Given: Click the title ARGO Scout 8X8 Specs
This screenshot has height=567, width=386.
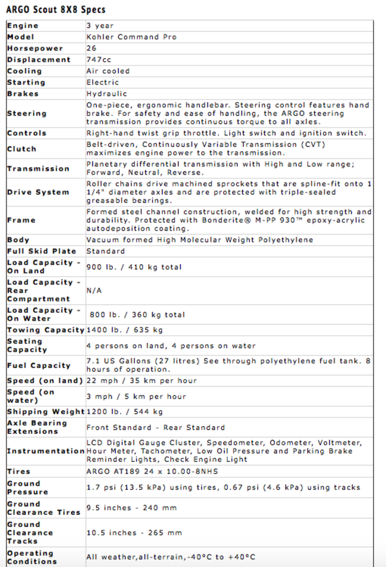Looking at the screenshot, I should click(x=56, y=10).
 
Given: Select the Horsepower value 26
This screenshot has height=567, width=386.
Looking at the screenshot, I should click(x=92, y=48).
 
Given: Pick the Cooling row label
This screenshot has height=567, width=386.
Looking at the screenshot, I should click(x=25, y=71).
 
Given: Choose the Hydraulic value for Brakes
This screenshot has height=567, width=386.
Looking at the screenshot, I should click(x=106, y=94).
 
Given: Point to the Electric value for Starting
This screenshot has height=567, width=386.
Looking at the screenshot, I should click(x=102, y=82).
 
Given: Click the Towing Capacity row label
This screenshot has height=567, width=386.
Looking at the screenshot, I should click(x=46, y=330).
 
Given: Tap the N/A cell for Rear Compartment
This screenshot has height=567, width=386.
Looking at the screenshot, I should click(x=94, y=290).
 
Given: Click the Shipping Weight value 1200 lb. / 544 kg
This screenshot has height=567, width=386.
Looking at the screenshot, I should click(x=125, y=411).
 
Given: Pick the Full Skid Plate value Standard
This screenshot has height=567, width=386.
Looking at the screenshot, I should click(x=105, y=251).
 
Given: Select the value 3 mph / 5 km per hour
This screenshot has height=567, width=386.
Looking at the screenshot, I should click(x=136, y=396).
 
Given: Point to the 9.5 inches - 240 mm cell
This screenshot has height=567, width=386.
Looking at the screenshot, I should click(x=132, y=508).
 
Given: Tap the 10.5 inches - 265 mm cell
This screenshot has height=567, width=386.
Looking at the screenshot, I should click(x=134, y=533).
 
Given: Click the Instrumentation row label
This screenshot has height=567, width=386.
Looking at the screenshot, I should click(x=46, y=451).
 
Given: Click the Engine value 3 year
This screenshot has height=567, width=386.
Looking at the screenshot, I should click(x=100, y=26).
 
